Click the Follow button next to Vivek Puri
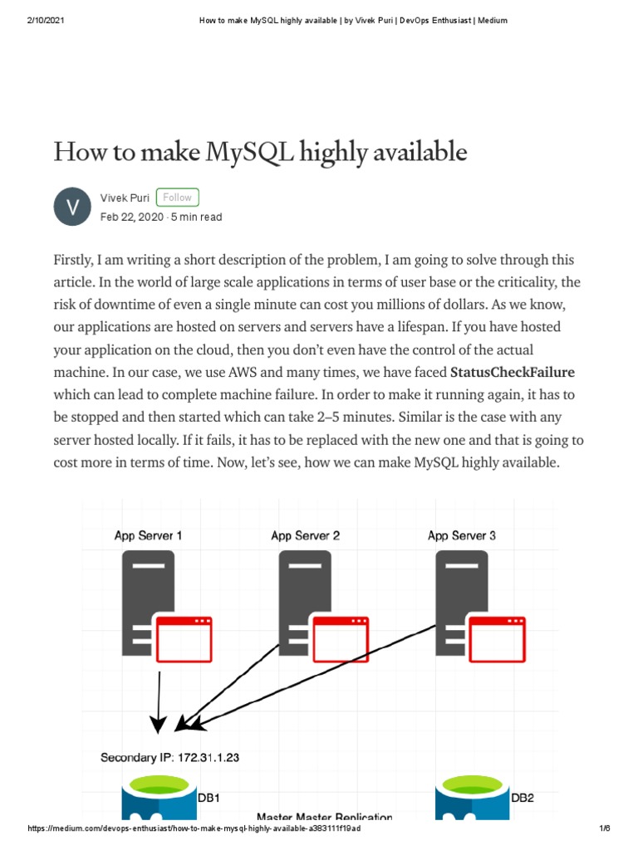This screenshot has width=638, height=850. pos(177,198)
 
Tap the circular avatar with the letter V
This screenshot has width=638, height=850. pos(73,207)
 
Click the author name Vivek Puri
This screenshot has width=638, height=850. pos(125,198)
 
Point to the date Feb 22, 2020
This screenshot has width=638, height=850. pos(131,217)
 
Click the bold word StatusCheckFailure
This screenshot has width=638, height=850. pos(512,371)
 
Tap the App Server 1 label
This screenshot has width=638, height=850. pos(148,535)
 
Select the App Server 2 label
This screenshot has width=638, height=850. pos(305,535)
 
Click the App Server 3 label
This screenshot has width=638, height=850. pos(462,535)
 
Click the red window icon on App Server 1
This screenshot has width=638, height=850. pos(184,640)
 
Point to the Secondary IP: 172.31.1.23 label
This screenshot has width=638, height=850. pos(170,757)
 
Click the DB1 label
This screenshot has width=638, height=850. pos(209,799)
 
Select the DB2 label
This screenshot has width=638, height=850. pos(523,799)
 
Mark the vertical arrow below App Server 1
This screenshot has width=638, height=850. pos(159,697)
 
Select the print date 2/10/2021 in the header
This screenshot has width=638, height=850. pos(47,20)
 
